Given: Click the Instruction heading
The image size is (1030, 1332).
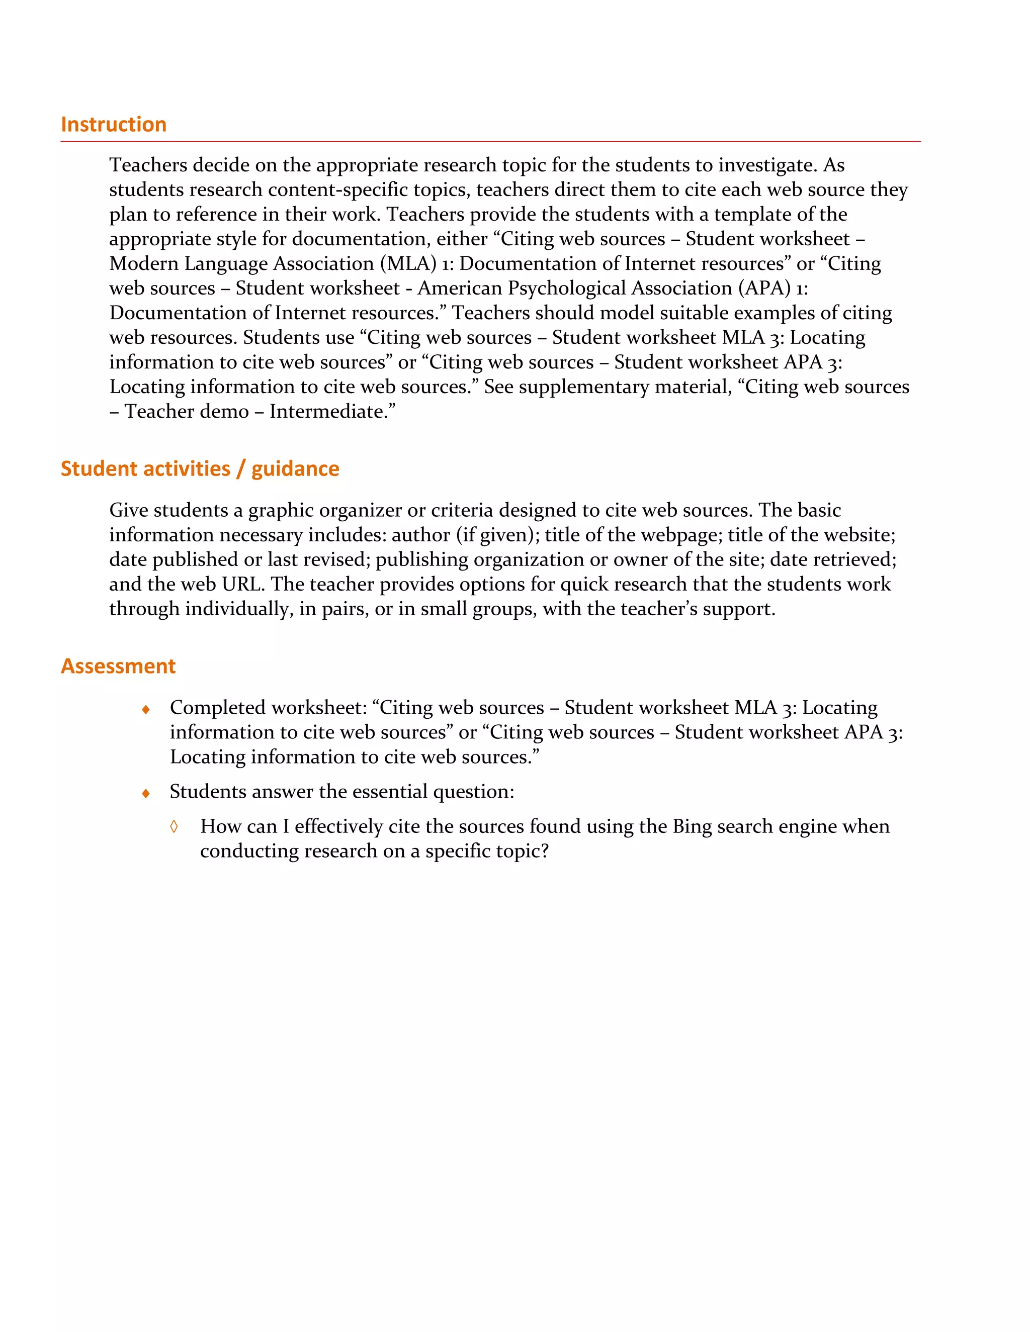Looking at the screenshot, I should pos(114,125).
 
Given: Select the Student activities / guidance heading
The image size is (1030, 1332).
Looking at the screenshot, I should pos(200,468).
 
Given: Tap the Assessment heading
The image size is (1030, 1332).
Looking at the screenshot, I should pos(118,666).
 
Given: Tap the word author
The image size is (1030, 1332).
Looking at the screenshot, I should pos(420,535).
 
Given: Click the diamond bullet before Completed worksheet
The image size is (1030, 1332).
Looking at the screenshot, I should pos(146,709).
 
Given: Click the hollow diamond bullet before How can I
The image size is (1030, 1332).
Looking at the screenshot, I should pos(174,827).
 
